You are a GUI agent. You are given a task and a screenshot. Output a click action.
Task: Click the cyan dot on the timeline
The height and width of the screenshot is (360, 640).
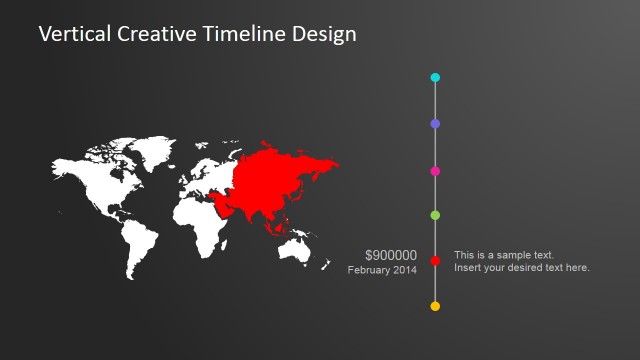click(x=435, y=77)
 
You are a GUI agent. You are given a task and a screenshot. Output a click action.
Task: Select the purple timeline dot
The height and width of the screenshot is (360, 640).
click(x=435, y=124)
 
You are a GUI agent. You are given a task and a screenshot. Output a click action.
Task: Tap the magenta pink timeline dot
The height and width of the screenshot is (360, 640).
click(x=435, y=171)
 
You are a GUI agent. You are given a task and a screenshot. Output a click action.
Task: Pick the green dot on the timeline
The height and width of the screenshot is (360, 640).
click(x=435, y=215)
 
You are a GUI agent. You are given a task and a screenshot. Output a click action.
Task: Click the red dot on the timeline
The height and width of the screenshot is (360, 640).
click(x=435, y=261)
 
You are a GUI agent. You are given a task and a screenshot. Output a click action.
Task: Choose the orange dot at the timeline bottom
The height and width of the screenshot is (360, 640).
click(x=435, y=306)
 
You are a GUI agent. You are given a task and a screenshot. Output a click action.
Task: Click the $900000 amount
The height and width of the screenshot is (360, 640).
click(x=391, y=255)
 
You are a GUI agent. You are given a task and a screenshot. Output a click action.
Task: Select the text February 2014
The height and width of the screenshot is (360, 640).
click(x=383, y=270)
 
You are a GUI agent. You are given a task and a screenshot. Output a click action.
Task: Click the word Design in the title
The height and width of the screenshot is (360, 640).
click(x=323, y=34)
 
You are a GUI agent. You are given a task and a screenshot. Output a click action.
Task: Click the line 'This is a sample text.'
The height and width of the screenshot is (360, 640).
click(x=504, y=255)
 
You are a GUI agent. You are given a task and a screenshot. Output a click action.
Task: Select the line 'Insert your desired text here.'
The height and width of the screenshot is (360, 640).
click(x=522, y=268)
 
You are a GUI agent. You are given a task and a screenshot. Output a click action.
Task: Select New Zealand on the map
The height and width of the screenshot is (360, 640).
click(x=326, y=264)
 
